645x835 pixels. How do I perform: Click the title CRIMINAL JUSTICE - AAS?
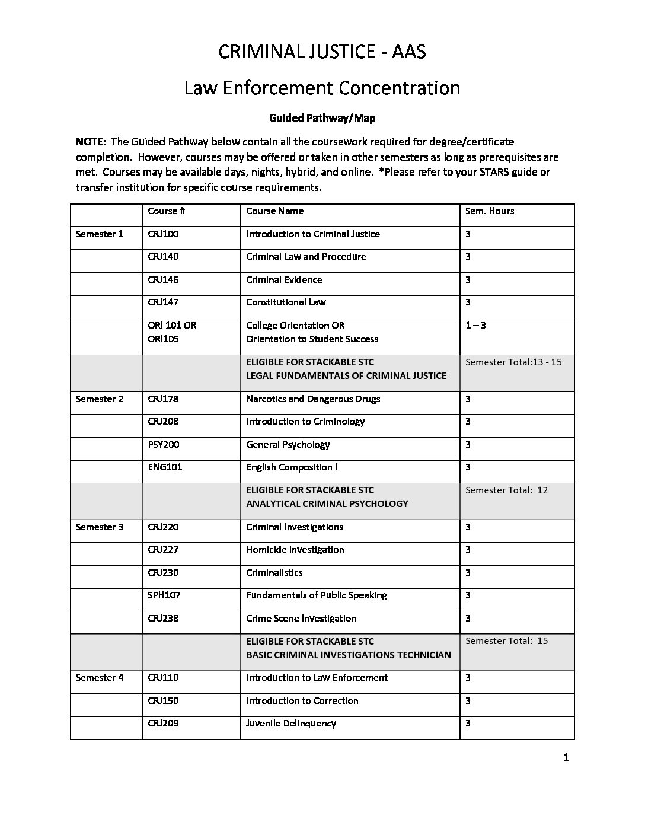coord(322,52)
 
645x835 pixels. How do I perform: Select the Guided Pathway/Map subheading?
coord(322,118)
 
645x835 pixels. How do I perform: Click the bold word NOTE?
coord(91,142)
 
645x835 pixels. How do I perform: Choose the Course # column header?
coord(163,211)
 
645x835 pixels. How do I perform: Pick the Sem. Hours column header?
coord(490,211)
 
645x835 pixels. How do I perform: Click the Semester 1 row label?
coord(100,234)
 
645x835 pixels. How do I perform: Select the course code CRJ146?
coord(163,280)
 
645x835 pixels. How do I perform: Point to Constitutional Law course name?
coord(286,302)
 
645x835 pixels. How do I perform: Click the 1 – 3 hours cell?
coord(475,326)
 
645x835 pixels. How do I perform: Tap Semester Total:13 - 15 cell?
coord(513,362)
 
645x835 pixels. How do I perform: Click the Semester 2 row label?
coord(100,399)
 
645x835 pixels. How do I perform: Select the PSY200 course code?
coord(164,445)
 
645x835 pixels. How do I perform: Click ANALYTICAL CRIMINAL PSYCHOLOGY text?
coord(327,504)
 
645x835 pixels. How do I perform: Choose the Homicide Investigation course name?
coord(295,550)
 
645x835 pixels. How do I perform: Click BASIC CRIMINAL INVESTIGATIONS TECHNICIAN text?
coord(349,655)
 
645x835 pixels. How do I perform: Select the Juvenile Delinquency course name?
coord(291,724)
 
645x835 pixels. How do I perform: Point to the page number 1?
coord(566,757)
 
